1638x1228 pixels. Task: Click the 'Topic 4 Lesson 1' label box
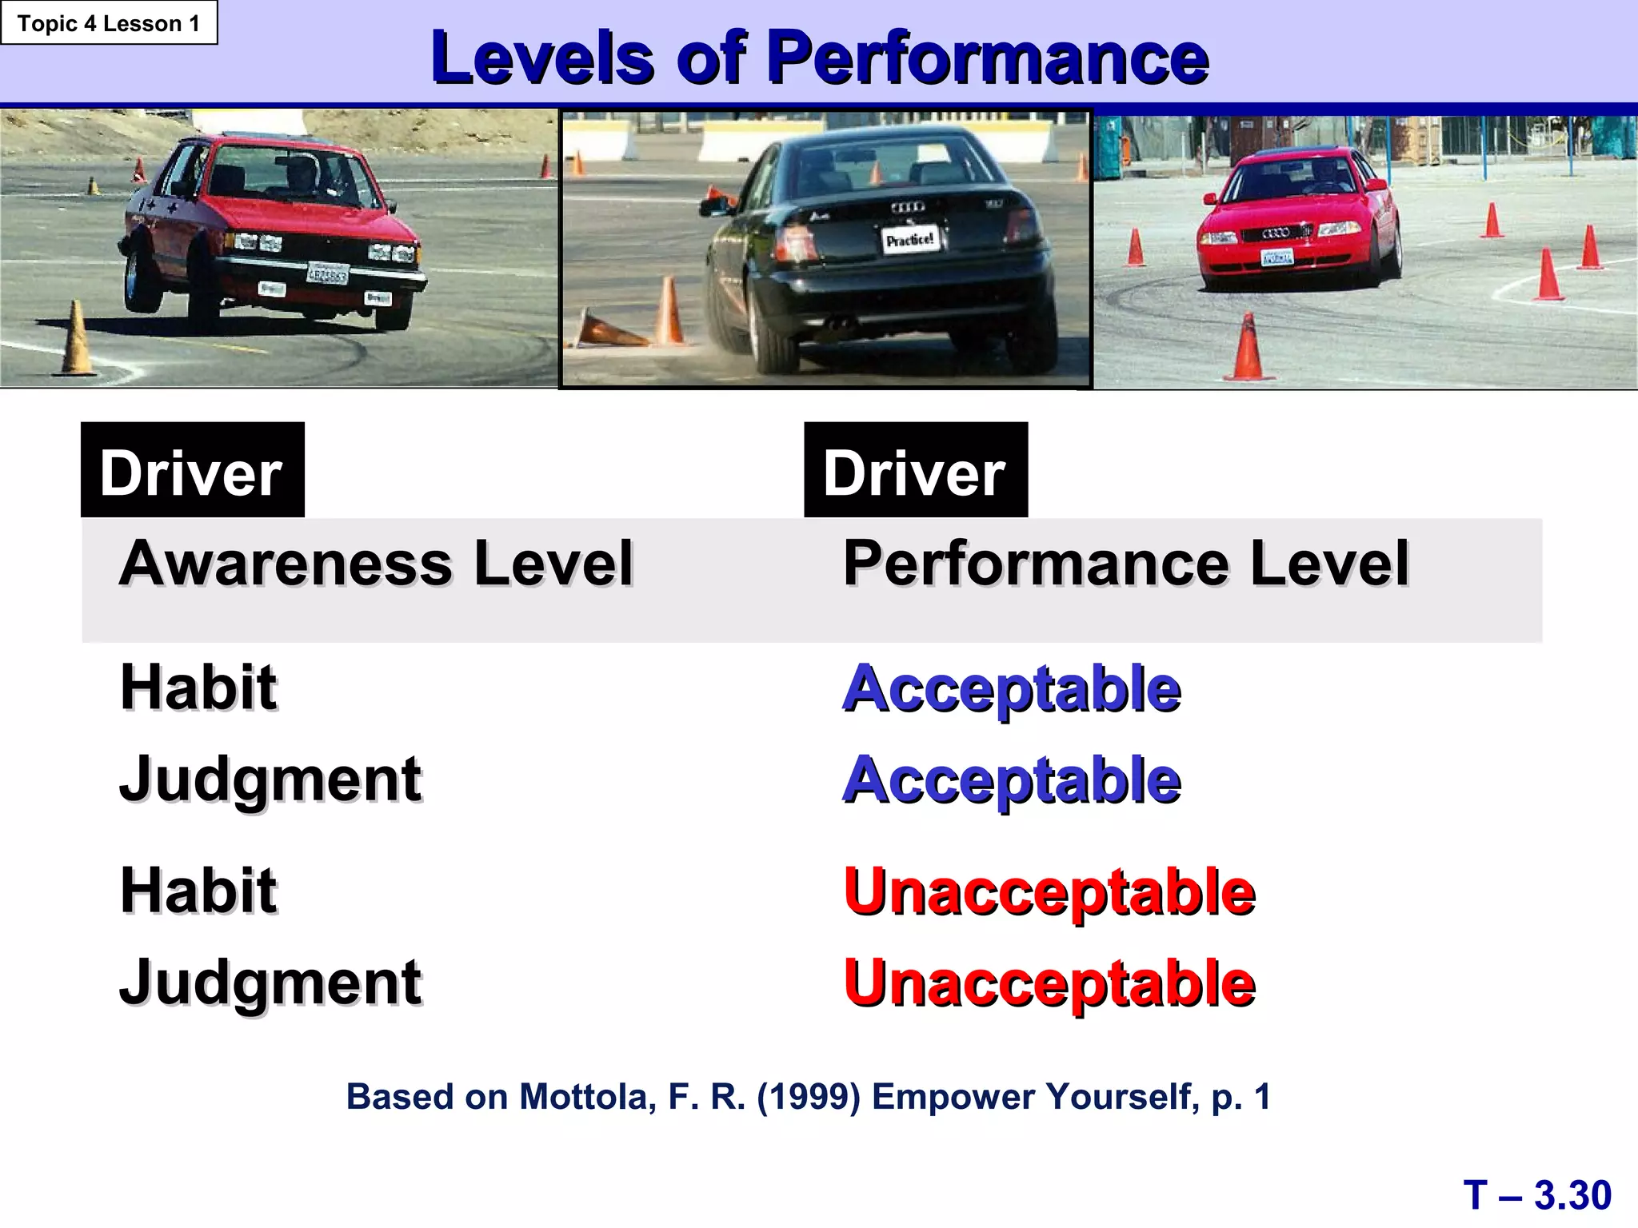pyautogui.click(x=109, y=23)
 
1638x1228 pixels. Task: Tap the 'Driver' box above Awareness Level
pyautogui.click(x=192, y=471)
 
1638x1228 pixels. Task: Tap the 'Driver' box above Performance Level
pyautogui.click(x=915, y=471)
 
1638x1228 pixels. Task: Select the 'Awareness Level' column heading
pyautogui.click(x=376, y=564)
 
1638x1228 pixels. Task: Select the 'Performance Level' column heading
pyautogui.click(x=1125, y=564)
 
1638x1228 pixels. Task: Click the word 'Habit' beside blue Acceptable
pyautogui.click(x=198, y=688)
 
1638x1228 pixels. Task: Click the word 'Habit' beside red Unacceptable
pyautogui.click(x=198, y=891)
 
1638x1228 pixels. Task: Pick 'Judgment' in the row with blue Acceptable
pyautogui.click(x=270, y=780)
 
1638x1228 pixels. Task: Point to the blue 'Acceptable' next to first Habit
pyautogui.click(x=1012, y=689)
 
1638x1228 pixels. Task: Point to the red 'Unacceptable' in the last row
pyautogui.click(x=1049, y=983)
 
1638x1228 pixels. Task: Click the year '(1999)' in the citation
pyautogui.click(x=809, y=1097)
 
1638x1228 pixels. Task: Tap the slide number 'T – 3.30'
pyautogui.click(x=1537, y=1196)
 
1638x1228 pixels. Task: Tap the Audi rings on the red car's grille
pyautogui.click(x=1276, y=233)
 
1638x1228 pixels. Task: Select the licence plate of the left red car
pyautogui.click(x=328, y=274)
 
